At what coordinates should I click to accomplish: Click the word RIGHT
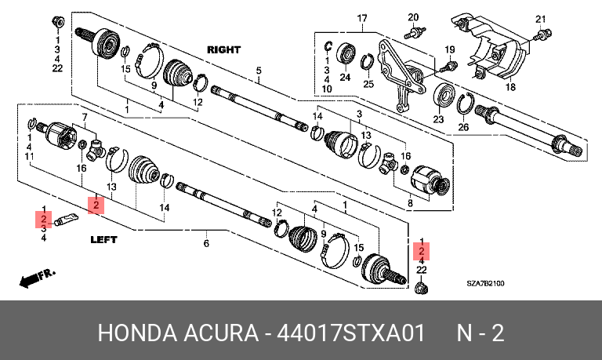[x=224, y=50]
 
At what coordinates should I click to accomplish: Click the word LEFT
[x=103, y=240]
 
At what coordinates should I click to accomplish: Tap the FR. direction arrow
[x=37, y=278]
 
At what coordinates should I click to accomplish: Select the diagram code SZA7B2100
[x=485, y=284]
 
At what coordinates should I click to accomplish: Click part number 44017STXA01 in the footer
[x=350, y=333]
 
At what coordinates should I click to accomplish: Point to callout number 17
[x=362, y=18]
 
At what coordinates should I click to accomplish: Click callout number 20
[x=413, y=17]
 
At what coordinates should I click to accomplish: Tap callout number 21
[x=541, y=19]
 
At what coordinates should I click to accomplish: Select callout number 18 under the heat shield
[x=510, y=87]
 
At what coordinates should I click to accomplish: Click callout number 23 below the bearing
[x=438, y=119]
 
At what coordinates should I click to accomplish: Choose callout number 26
[x=463, y=127]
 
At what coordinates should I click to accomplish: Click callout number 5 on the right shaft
[x=259, y=71]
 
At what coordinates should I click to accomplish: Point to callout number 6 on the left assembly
[x=206, y=243]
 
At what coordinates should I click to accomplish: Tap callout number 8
[x=410, y=203]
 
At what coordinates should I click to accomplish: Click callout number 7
[x=85, y=117]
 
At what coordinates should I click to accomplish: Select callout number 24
[x=345, y=77]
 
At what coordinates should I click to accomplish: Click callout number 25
[x=368, y=83]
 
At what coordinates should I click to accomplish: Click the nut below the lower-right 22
[x=422, y=288]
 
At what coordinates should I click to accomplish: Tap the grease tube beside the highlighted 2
[x=66, y=220]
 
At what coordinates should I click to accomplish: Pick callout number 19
[x=450, y=49]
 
